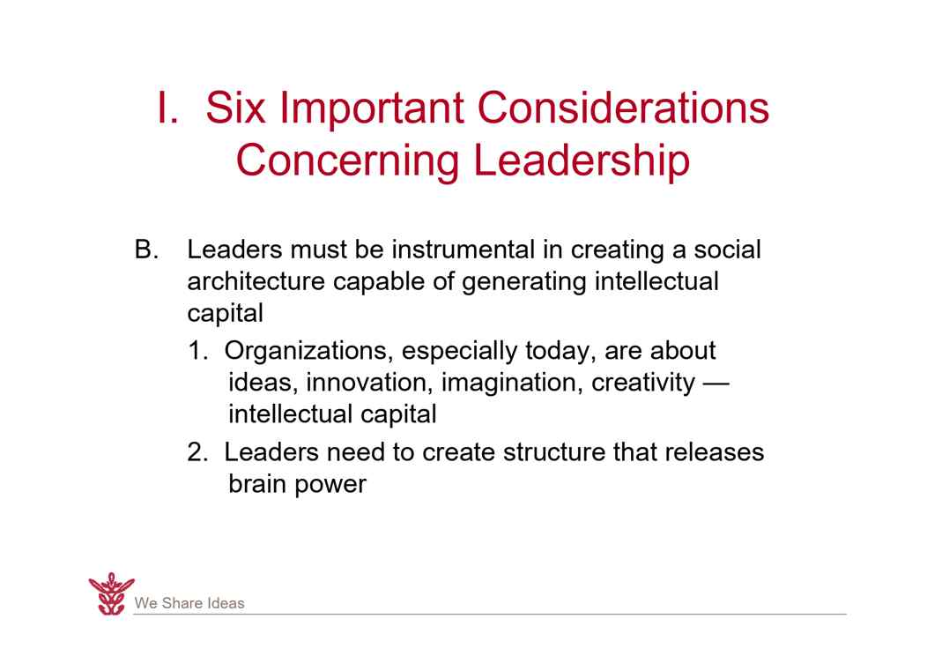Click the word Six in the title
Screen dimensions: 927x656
coord(235,108)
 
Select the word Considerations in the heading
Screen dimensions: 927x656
coord(623,108)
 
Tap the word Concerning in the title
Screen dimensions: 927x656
coord(347,160)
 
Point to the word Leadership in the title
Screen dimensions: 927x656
coord(582,160)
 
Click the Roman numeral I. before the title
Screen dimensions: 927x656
coord(167,108)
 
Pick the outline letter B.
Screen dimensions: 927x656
coord(146,250)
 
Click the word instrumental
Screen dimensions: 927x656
coord(463,250)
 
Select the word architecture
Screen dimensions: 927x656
coord(256,281)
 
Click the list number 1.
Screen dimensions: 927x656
coord(197,351)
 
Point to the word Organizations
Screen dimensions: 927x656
coord(306,352)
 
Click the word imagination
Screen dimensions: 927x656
coord(512,384)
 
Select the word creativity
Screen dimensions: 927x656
coord(643,384)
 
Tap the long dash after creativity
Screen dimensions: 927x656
coord(716,384)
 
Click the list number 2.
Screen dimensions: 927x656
coord(197,452)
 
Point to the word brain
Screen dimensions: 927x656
coord(257,484)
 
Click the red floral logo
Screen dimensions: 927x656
coord(111,594)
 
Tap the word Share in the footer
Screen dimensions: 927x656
coord(182,603)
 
